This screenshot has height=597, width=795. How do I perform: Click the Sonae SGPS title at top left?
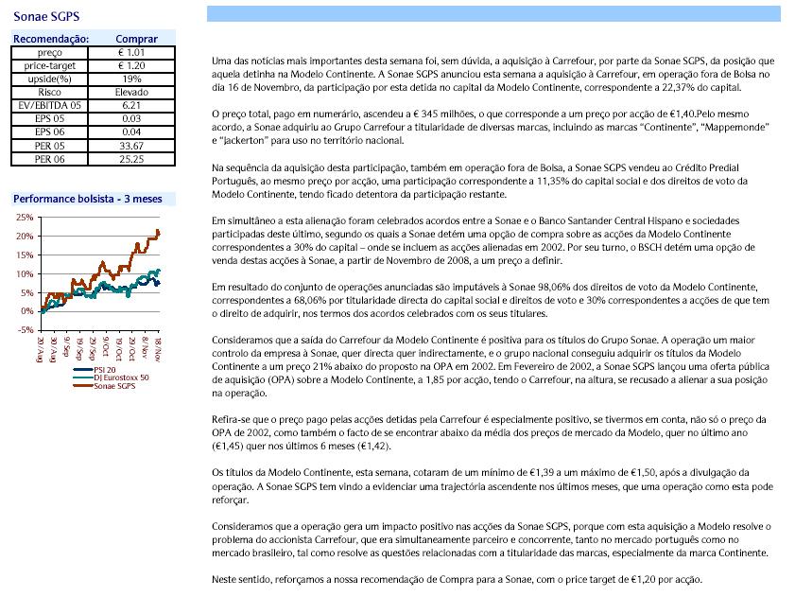pyautogui.click(x=46, y=17)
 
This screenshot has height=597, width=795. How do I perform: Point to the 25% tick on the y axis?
pyautogui.click(x=24, y=218)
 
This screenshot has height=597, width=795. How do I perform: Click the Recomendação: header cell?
pyautogui.click(x=48, y=39)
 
